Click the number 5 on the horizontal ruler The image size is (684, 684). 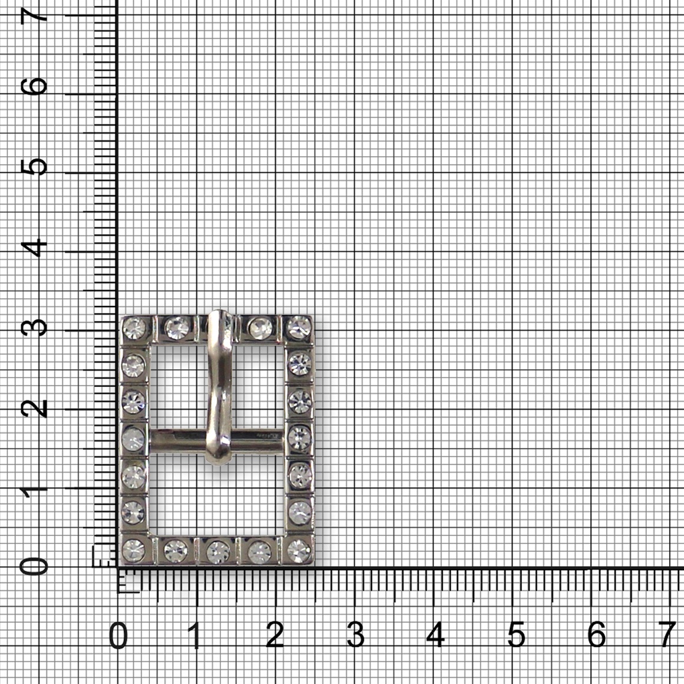point(516,634)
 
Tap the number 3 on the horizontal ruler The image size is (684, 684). point(356,634)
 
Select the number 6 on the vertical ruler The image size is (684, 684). point(34,86)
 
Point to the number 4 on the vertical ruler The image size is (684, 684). point(34,247)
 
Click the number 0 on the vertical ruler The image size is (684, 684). point(34,567)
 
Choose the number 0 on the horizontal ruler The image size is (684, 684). point(118,634)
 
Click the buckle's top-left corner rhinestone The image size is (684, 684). point(134,328)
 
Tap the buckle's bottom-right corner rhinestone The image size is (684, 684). point(299,551)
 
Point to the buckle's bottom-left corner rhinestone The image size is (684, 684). point(133,551)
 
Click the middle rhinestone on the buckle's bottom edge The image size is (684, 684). point(218,552)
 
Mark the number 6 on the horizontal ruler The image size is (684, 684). point(596,634)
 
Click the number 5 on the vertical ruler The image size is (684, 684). point(34,166)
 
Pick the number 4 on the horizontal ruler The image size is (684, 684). point(435,634)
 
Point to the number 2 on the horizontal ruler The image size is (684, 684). point(275,634)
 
